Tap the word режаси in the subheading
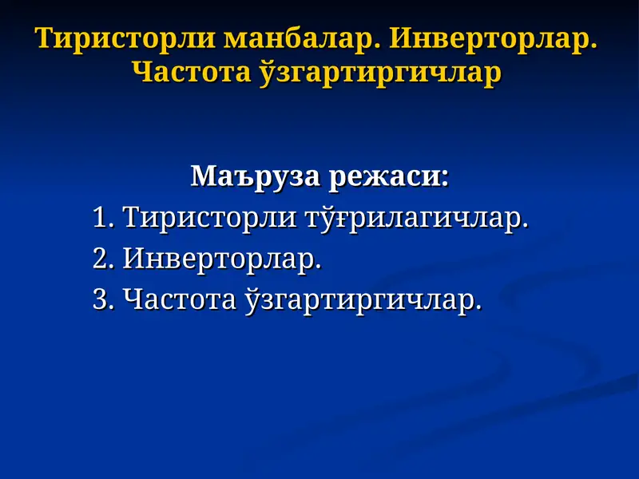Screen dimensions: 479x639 click(387, 176)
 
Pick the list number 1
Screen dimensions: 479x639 click(100, 217)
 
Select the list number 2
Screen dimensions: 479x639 click(100, 259)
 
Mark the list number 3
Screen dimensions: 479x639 click(100, 300)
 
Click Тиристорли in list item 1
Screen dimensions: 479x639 click(208, 217)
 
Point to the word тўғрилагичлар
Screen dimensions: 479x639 click(414, 217)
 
